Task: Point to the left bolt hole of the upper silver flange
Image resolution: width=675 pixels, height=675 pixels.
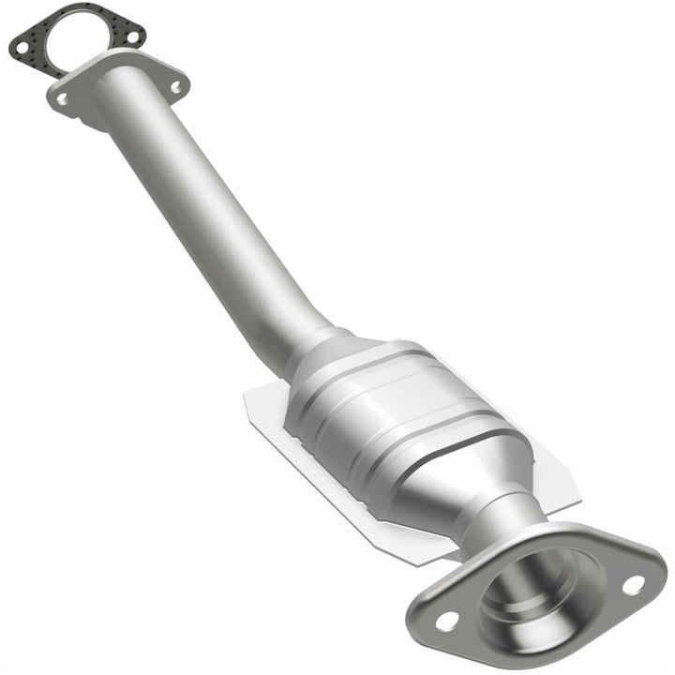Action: (62, 97)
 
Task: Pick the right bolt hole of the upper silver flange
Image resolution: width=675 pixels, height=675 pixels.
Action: (175, 86)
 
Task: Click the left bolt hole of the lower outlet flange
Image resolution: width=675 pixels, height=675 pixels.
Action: (446, 620)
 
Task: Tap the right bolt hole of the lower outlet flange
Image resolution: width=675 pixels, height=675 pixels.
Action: (633, 585)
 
